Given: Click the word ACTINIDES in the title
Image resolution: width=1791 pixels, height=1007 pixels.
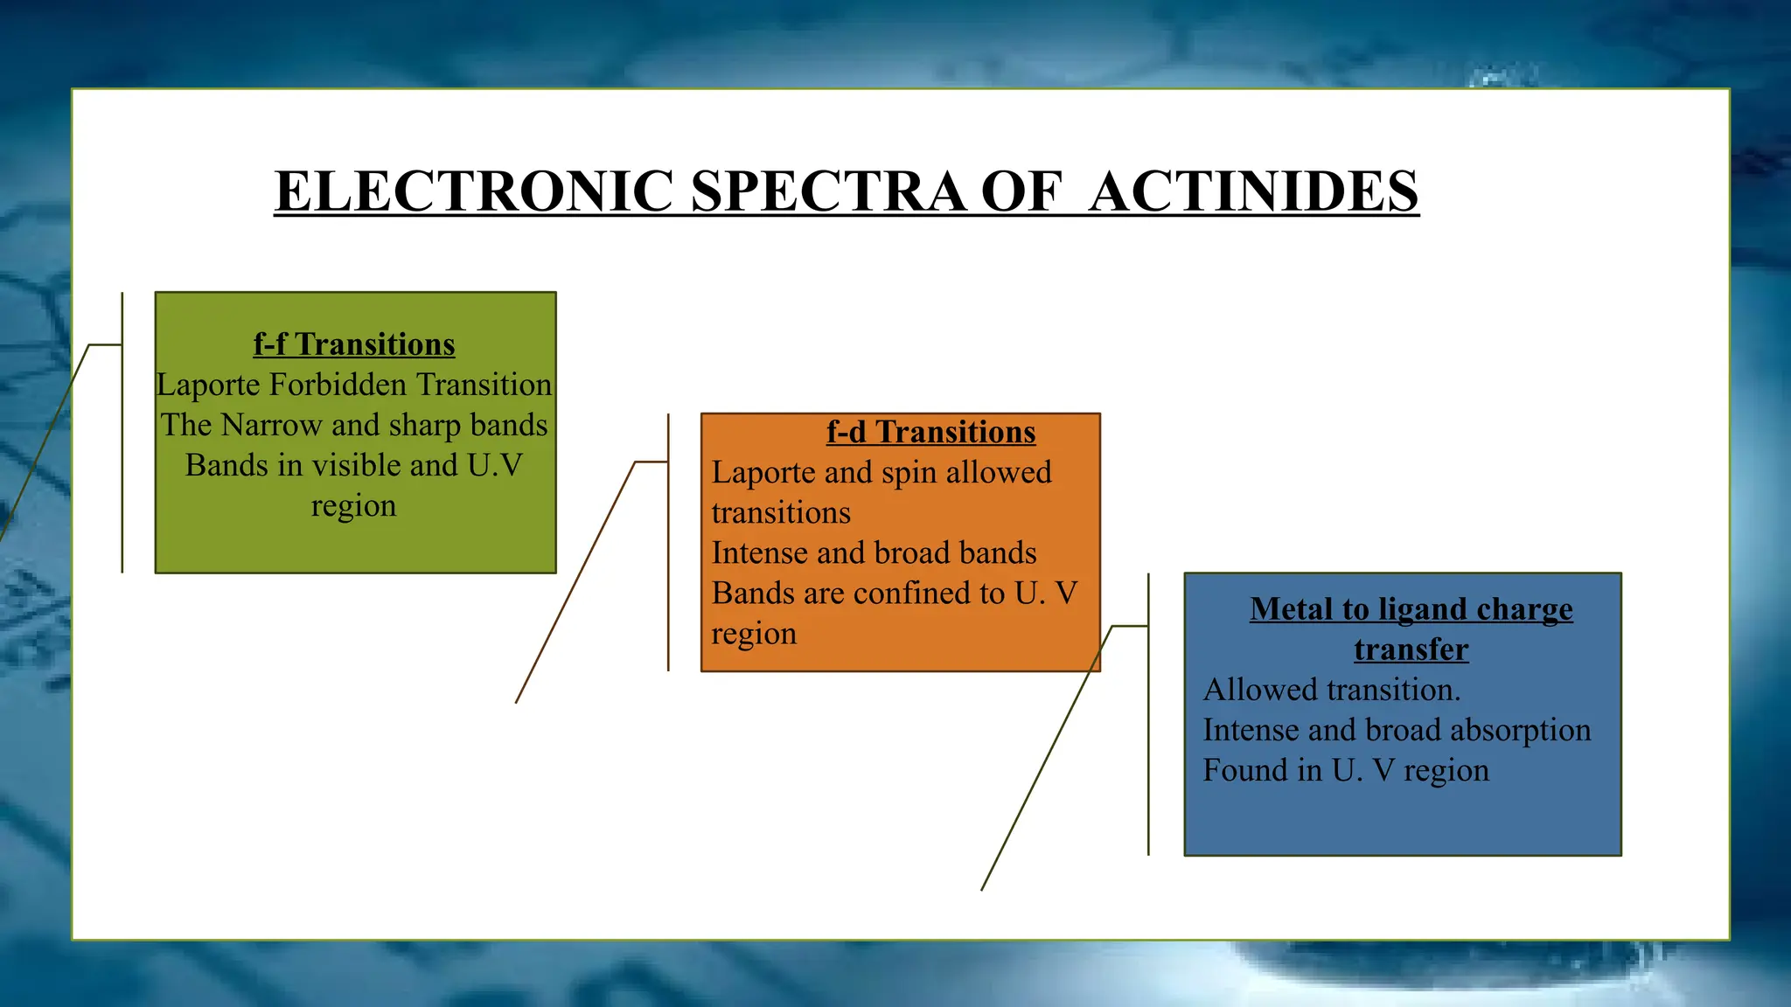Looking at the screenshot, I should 1253,191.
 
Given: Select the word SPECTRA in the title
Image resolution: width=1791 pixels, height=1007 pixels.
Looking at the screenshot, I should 828,191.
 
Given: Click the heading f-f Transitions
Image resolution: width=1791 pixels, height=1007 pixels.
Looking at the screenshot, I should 354,344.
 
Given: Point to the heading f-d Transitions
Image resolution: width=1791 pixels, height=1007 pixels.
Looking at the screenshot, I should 930,432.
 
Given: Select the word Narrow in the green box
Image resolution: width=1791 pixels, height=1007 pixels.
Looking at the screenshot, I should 272,425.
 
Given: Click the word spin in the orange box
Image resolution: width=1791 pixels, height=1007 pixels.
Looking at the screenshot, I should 909,472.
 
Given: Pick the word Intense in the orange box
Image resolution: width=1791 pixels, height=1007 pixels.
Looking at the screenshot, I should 758,552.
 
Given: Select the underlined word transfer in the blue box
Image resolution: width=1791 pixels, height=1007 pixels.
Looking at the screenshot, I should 1411,649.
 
